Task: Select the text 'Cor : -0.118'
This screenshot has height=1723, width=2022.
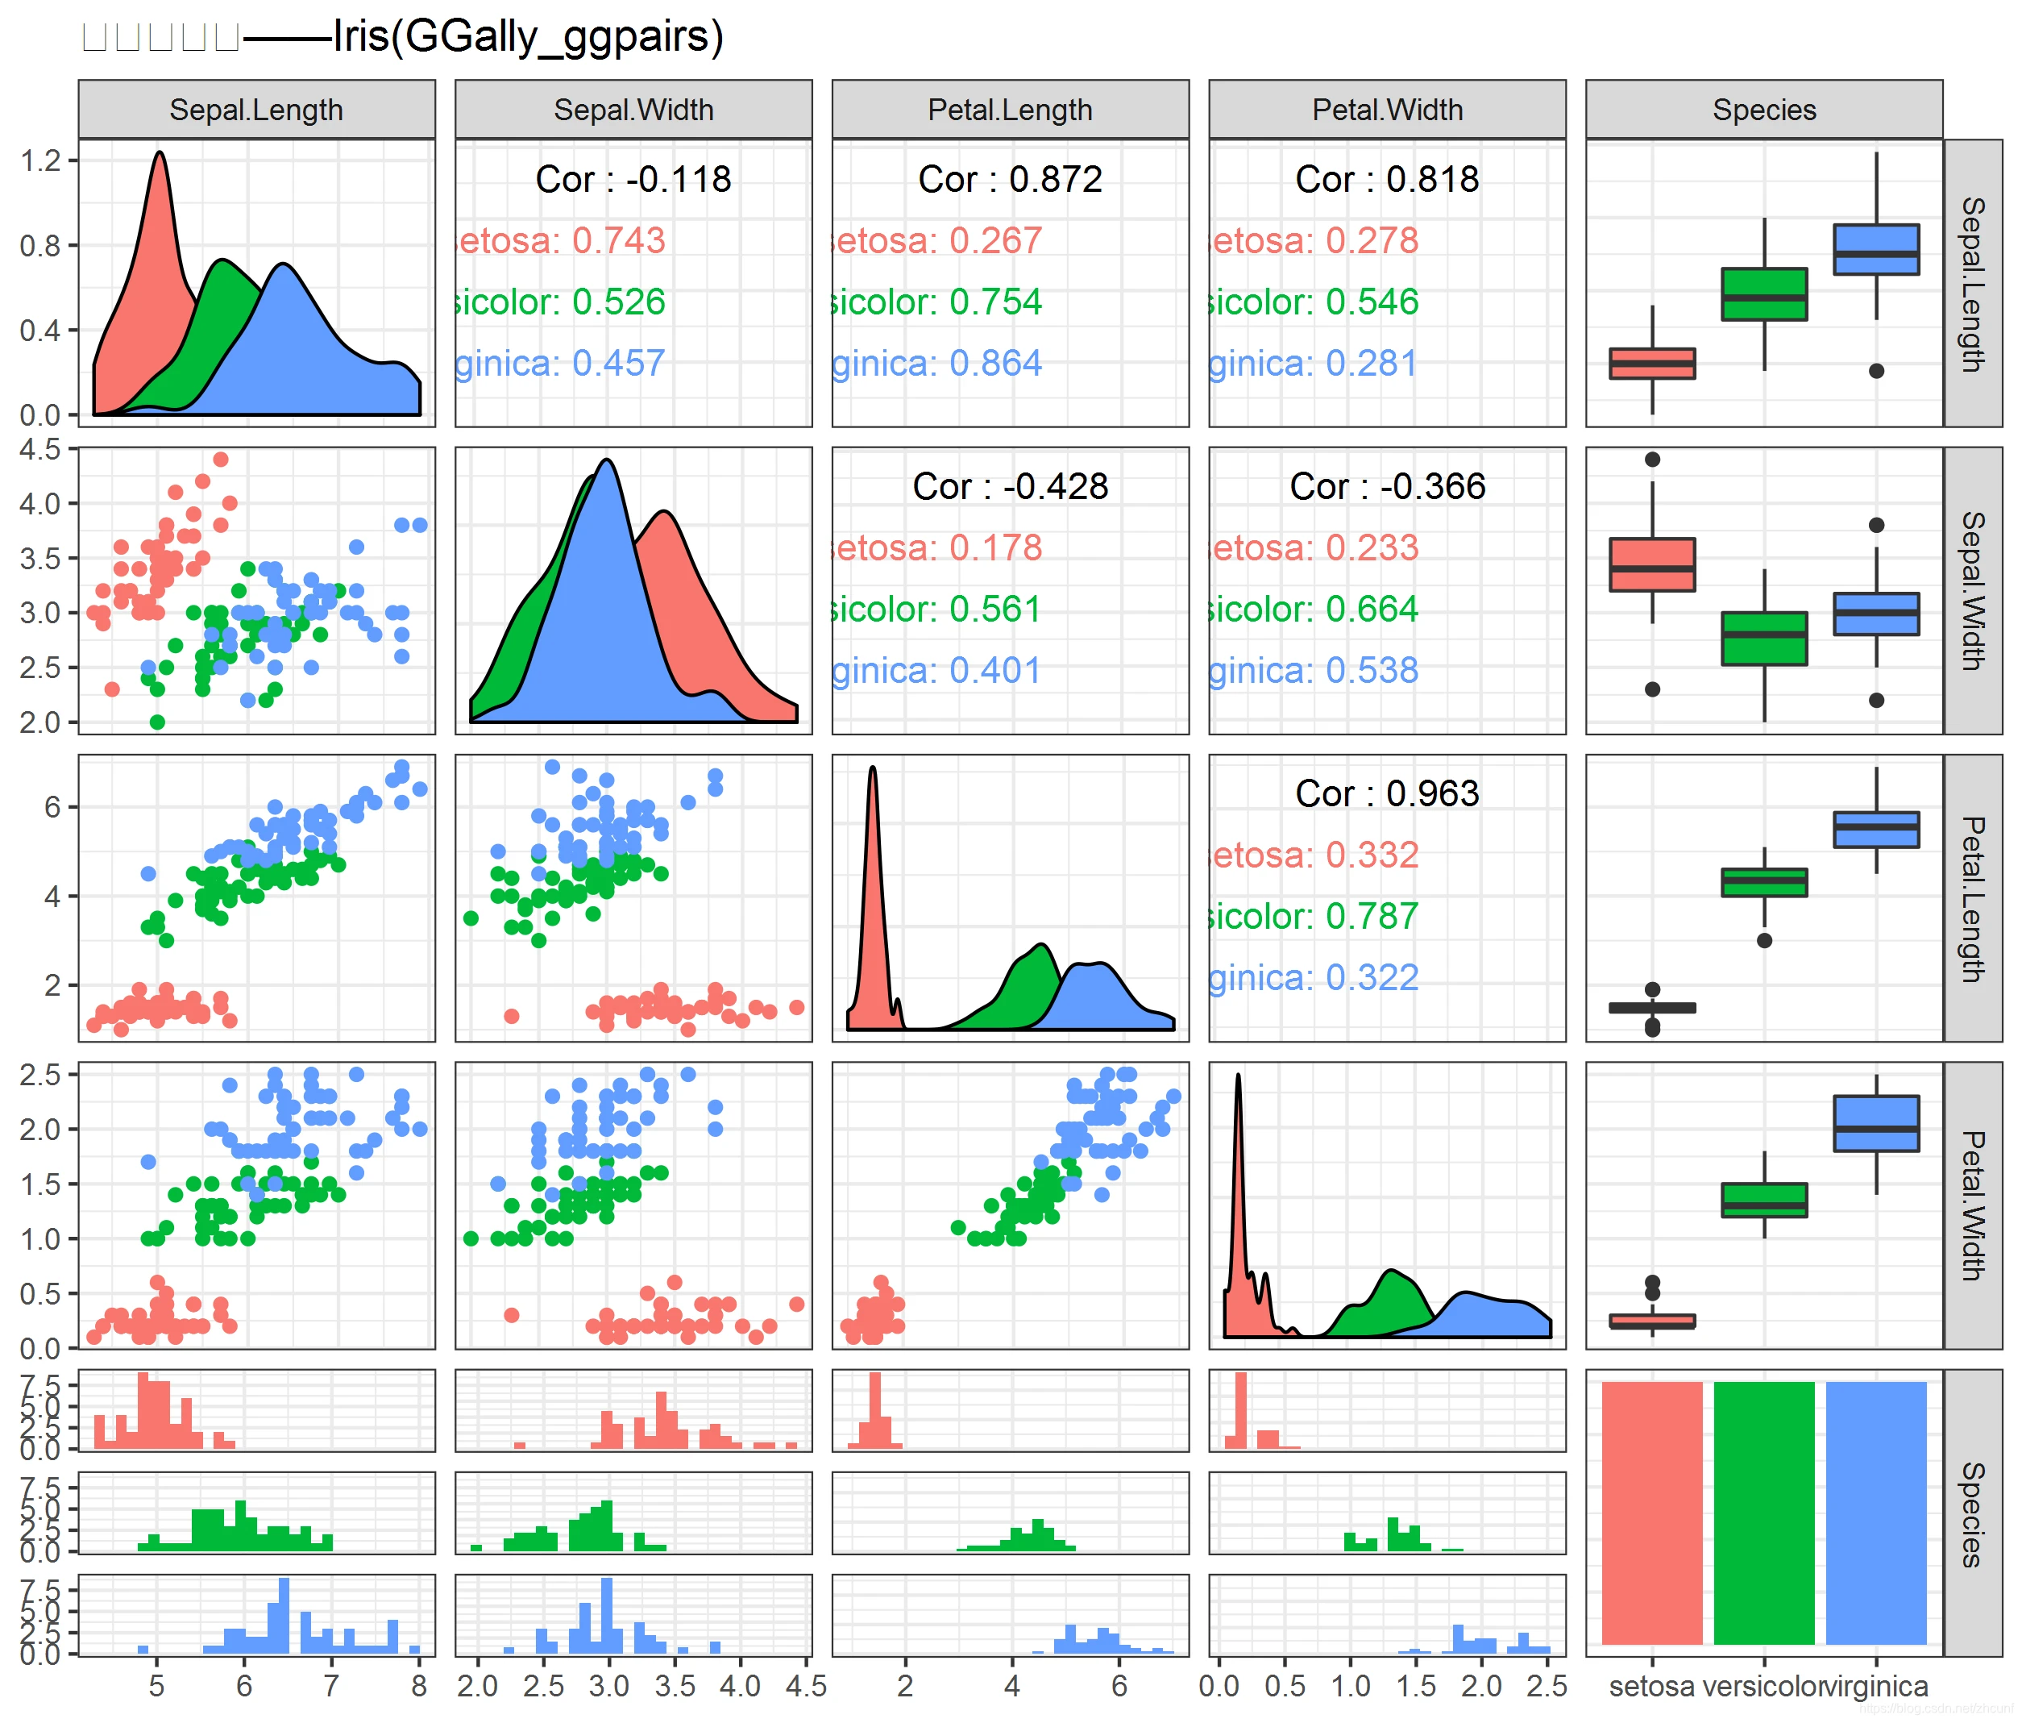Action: tap(633, 179)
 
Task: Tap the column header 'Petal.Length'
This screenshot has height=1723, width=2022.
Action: tap(1009, 110)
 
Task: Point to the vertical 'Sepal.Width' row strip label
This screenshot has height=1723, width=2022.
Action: tap(1971, 591)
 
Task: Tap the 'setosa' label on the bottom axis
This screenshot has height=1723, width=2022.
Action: tap(1651, 1686)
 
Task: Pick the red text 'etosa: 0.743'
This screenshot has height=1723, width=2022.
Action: tap(561, 240)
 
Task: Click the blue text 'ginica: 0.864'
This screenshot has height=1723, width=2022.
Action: tap(936, 363)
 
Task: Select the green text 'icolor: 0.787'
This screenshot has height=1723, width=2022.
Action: tap(1313, 916)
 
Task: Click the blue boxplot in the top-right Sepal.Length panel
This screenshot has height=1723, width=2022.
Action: tap(1875, 249)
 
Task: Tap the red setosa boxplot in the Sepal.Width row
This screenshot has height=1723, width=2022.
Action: tap(1651, 564)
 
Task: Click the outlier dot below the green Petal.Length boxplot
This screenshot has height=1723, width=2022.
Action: tap(1763, 940)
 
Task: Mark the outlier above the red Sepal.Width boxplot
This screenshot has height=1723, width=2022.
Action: tap(1651, 459)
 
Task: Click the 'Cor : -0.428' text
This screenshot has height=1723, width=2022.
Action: tap(1009, 486)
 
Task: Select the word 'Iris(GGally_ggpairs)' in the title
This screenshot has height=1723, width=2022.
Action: tap(527, 37)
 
